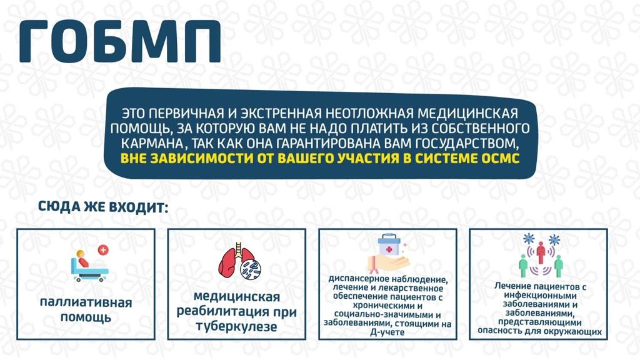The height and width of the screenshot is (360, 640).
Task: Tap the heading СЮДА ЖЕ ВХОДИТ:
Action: click(x=103, y=206)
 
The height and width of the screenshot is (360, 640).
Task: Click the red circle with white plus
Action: click(x=103, y=250)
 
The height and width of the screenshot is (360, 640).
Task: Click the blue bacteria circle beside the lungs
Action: click(x=250, y=270)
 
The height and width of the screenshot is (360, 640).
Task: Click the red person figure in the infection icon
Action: click(x=541, y=252)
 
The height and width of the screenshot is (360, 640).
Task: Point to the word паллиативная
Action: click(x=86, y=303)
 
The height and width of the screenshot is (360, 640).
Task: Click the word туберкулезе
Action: click(x=236, y=326)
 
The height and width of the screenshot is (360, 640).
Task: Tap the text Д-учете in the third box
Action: click(x=387, y=332)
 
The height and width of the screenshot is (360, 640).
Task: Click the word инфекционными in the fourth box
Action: click(x=540, y=296)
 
